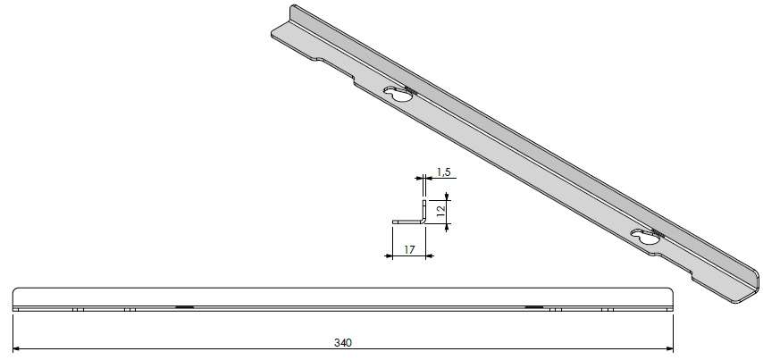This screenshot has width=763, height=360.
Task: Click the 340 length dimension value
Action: point(342,341)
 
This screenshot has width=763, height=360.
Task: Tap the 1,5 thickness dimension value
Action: point(442,171)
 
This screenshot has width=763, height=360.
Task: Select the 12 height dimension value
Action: point(439,210)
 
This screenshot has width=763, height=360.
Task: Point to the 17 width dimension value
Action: point(408,249)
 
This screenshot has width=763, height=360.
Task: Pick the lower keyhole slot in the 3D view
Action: point(643,238)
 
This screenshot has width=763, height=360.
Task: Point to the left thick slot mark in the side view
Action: point(185,307)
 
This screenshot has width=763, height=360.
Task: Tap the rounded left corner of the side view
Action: point(16,293)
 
